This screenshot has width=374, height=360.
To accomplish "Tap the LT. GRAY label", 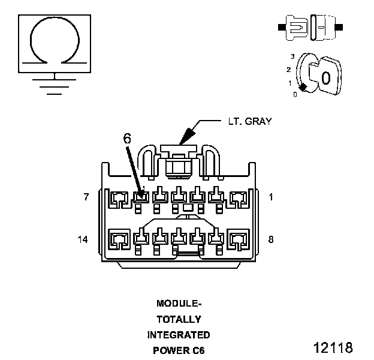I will (249, 121).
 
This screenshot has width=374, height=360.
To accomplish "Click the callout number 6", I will (126, 137).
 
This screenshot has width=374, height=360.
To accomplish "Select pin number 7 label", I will (86, 197).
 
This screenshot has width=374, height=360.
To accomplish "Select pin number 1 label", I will (271, 197).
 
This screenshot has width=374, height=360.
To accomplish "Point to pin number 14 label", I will (84, 239).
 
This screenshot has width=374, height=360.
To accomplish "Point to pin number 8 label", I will (271, 239).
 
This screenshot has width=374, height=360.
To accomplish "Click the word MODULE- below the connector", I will (179, 303).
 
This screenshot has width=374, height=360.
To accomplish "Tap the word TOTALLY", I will (179, 319).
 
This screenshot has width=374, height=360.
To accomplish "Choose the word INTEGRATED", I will (179, 334).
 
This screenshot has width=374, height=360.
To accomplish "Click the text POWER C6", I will (179, 350).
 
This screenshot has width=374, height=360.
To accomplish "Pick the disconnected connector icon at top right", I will (310, 27).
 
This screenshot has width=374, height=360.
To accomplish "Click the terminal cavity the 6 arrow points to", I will (142, 196).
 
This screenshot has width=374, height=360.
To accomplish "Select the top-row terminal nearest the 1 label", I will (239, 197).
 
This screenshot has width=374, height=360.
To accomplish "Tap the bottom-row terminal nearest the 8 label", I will (239, 239).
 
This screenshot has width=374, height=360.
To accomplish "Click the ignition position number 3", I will (292, 56).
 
